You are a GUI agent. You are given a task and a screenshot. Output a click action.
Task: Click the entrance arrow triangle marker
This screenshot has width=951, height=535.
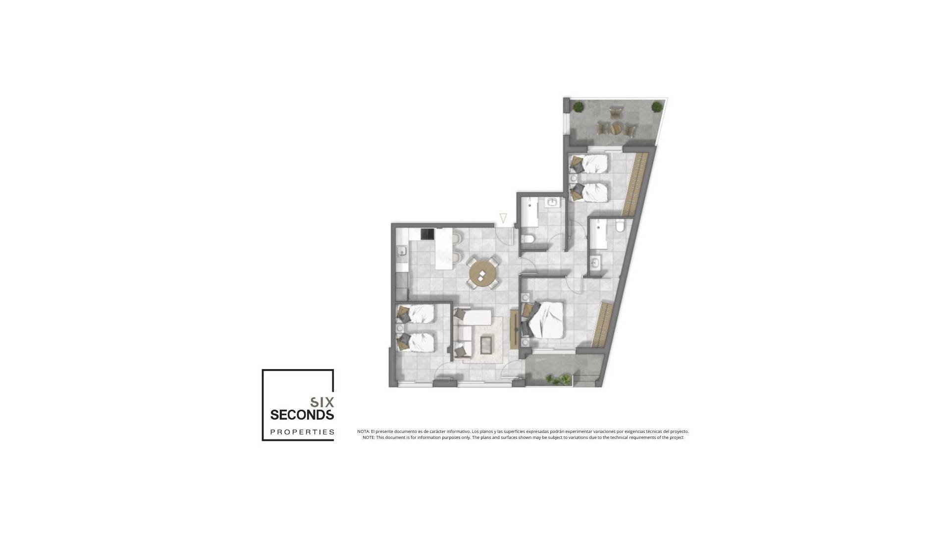[x=503, y=218]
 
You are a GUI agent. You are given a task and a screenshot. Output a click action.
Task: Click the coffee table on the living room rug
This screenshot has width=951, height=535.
[x=486, y=344]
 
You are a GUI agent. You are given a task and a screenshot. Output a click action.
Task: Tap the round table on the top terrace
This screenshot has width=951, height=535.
[x=616, y=127]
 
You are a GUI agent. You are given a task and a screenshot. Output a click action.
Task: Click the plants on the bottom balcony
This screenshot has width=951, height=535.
[x=557, y=379]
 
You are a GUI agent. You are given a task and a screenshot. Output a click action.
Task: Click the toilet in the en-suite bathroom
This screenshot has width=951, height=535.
[x=620, y=226]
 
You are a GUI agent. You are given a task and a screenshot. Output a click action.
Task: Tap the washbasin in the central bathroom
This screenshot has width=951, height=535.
[x=552, y=202]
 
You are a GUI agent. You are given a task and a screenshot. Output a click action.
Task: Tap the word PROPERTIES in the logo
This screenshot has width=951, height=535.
[x=302, y=432]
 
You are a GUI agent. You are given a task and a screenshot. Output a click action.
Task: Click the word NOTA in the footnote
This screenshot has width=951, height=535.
[x=363, y=431]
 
